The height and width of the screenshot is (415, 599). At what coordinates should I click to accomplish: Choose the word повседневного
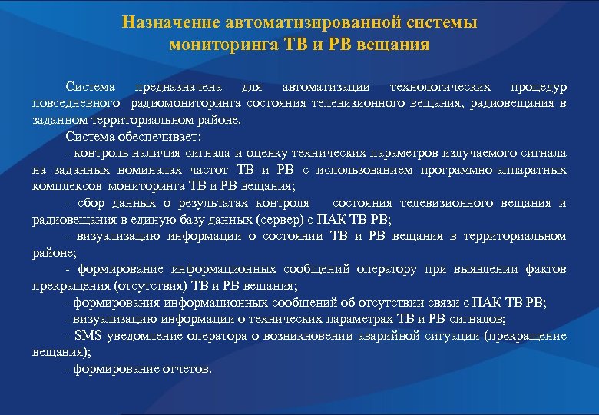click(x=76, y=104)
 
